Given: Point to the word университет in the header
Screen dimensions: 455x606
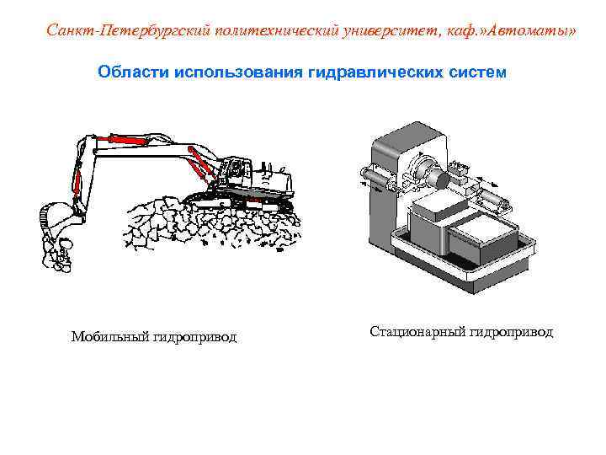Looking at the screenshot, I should [385, 31].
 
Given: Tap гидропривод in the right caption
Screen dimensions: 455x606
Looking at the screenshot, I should [512, 332].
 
